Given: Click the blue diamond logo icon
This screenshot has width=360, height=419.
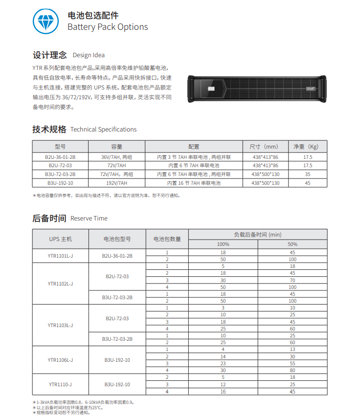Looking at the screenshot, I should coord(46,22).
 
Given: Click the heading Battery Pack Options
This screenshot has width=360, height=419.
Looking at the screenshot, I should coord(108,27).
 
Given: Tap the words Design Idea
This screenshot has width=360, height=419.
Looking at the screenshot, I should coord(89,55).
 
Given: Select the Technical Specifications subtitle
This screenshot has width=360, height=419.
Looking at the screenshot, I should coord(103,130).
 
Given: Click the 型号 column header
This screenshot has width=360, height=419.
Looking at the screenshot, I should coord(60,147).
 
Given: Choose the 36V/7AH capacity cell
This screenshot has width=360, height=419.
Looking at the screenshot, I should coord(116,157).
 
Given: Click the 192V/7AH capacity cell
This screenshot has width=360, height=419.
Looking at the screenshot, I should coord(116,183).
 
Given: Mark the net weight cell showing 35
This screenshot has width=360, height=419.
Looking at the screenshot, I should coord(307,174).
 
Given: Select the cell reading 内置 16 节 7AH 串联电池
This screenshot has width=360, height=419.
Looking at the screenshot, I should coord(194,183).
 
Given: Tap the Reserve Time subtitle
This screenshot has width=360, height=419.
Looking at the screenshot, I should coord(89,219).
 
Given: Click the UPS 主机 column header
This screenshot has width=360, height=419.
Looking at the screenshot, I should coord(60,239).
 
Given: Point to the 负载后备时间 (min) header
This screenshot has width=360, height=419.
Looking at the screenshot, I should coord(258,235).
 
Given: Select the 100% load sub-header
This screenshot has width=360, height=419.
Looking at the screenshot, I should coord(223,244).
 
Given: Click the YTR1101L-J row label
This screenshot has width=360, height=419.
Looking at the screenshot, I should coord(60,256).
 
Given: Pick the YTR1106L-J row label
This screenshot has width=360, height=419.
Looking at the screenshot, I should coord(60,360).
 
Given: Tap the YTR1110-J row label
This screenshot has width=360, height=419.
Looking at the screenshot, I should coord(60,384).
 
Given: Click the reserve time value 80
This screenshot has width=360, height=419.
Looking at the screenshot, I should coord(292,371).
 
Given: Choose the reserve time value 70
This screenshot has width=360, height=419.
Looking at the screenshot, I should coord(292,280).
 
